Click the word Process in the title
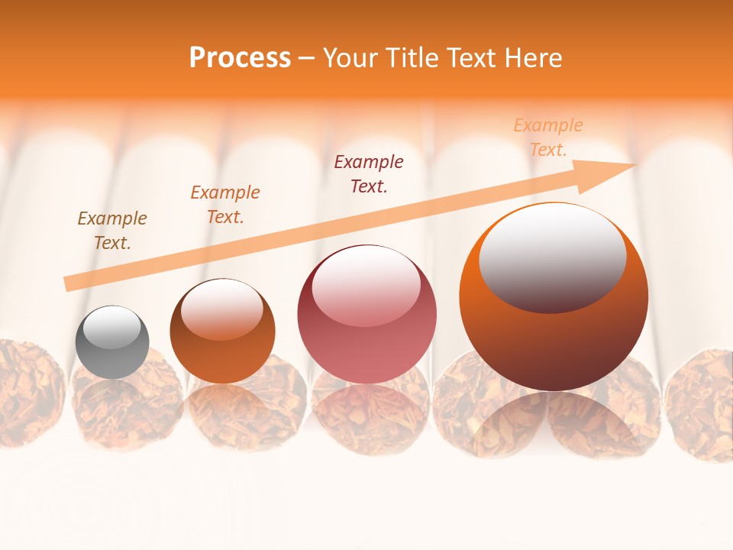tap(240, 57)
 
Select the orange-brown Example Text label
tap(225, 205)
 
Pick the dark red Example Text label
tap(369, 173)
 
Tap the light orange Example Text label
tap(548, 137)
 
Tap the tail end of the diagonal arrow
tap(69, 284)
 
